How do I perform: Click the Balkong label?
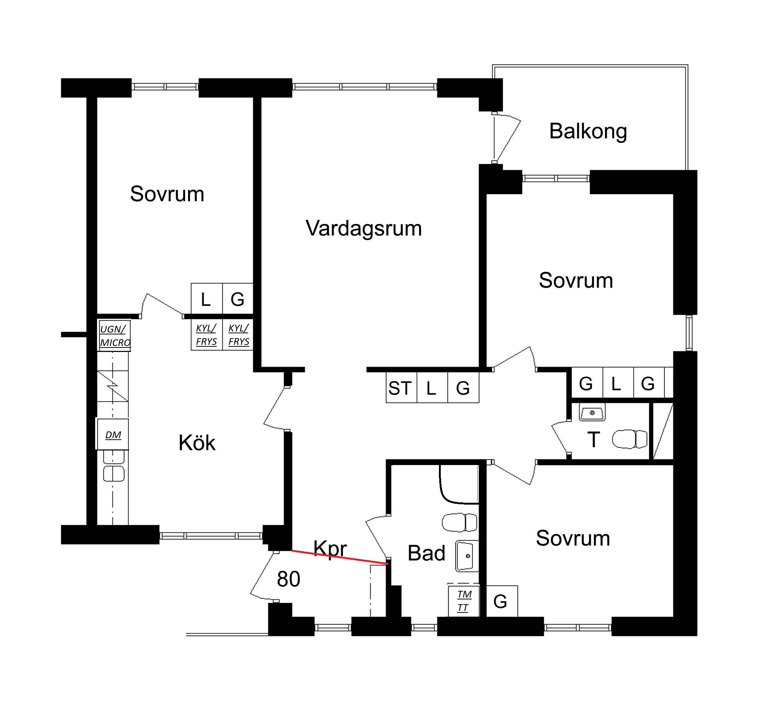(x=588, y=132)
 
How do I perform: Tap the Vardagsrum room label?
(x=364, y=228)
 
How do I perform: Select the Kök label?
(x=197, y=443)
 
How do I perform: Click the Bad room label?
(x=426, y=553)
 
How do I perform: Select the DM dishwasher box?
(x=112, y=434)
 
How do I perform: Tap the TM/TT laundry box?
(x=464, y=601)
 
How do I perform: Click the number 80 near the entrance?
(x=288, y=579)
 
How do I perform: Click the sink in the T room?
(x=592, y=412)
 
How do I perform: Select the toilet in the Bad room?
(x=459, y=522)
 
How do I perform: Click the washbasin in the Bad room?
(x=467, y=556)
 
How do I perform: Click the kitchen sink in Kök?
(x=113, y=466)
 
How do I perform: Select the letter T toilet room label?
(x=594, y=440)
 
